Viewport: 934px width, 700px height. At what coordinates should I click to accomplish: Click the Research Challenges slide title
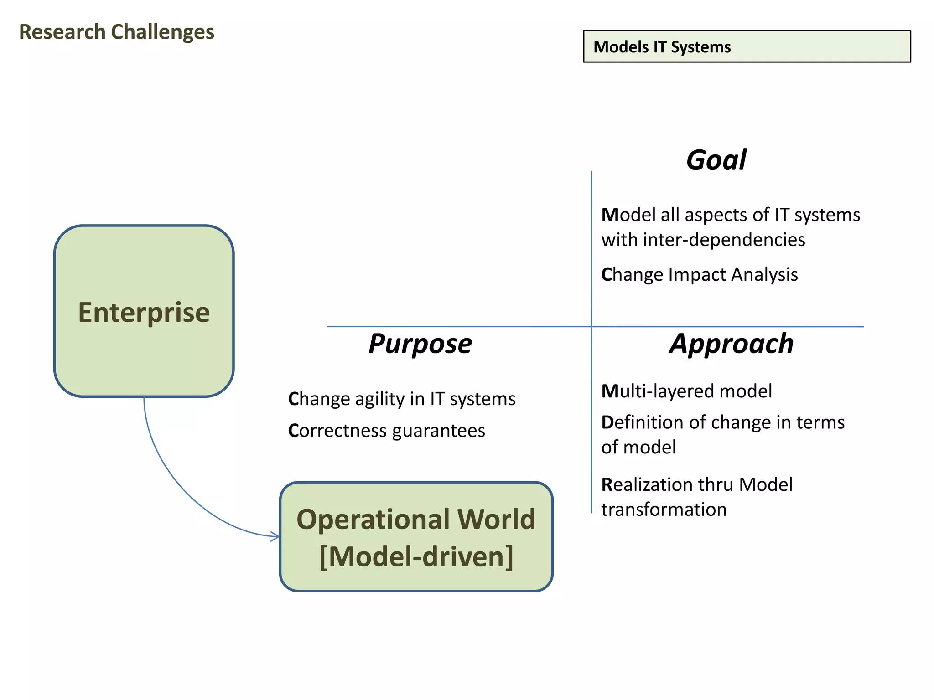[117, 32]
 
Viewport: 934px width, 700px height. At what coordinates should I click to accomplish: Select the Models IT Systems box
[747, 46]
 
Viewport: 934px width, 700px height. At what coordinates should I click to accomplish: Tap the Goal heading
[716, 160]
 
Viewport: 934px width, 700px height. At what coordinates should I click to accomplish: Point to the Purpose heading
[420, 344]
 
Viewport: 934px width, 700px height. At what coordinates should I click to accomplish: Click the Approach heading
[732, 344]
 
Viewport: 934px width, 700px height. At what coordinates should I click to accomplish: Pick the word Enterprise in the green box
[144, 313]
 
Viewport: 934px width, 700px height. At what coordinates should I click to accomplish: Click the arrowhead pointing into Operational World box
[275, 536]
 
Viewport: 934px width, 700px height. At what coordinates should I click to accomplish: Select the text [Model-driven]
[416, 556]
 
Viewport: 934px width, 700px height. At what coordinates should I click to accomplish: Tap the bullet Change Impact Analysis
[700, 274]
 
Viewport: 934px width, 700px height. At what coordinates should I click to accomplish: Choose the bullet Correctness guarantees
[387, 431]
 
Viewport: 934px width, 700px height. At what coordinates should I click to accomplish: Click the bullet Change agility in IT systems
[402, 399]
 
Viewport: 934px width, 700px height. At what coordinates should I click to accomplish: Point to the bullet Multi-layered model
[687, 391]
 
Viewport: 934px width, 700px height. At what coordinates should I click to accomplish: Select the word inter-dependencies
[724, 240]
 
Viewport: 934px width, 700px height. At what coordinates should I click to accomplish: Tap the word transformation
[664, 510]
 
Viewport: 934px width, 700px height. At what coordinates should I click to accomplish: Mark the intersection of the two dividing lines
[592, 326]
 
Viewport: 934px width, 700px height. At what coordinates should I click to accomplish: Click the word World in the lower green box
[496, 519]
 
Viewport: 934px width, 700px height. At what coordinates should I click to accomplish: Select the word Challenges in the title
[163, 32]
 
